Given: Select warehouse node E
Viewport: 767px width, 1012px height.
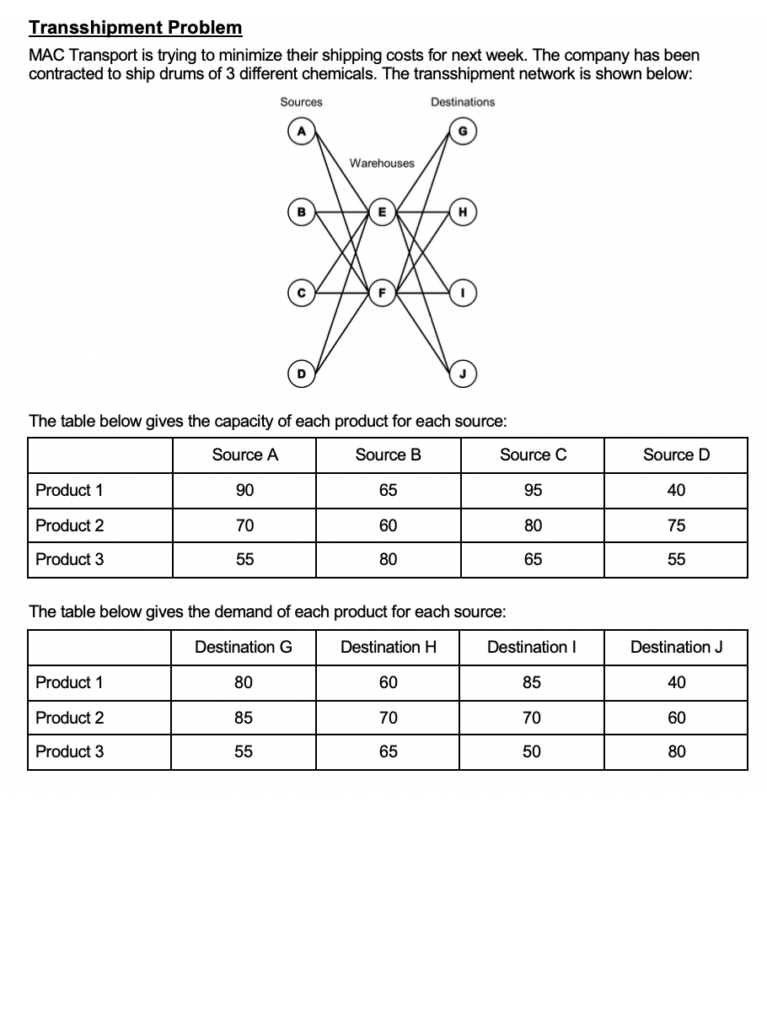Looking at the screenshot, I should click(x=382, y=211).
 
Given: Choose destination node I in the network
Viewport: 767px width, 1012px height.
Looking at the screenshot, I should click(x=462, y=293).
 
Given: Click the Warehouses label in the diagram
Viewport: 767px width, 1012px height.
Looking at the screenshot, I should click(x=382, y=163).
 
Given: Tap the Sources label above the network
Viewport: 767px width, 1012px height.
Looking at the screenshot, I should click(x=301, y=102).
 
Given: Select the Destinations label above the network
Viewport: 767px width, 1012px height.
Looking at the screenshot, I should click(x=463, y=102).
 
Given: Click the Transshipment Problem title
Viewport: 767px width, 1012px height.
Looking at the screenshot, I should click(x=135, y=28).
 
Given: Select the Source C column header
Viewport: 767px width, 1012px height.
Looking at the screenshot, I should click(x=533, y=455).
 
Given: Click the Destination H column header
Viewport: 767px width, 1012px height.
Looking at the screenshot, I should click(x=388, y=648).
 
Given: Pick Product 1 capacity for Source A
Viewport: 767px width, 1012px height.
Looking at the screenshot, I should click(x=244, y=491).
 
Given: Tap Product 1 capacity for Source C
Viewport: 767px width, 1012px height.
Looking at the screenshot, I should click(x=533, y=491).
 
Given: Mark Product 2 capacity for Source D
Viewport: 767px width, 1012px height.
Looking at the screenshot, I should click(x=676, y=526).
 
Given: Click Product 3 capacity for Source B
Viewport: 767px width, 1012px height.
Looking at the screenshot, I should click(x=388, y=559).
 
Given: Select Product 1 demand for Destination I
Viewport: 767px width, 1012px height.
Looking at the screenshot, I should click(x=532, y=683).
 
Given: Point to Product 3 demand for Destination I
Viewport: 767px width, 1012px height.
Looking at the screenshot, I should click(x=532, y=752).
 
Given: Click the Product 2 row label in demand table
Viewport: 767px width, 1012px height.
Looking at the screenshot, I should click(x=70, y=718).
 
